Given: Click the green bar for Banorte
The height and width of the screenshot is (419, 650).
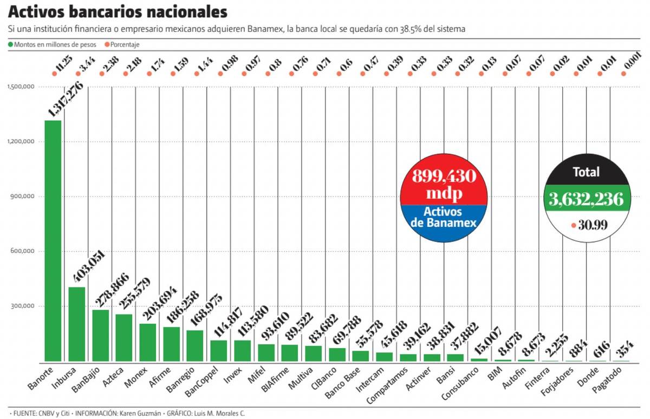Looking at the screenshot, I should [x=53, y=241].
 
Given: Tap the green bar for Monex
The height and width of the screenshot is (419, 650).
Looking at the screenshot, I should [x=148, y=342].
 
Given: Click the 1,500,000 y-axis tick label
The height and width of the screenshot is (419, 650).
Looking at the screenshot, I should [x=21, y=87].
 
